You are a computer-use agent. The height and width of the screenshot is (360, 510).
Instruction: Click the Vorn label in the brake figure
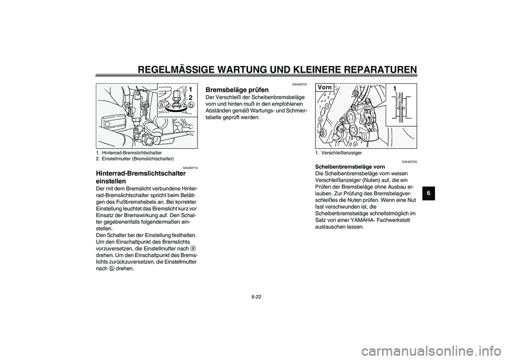325,87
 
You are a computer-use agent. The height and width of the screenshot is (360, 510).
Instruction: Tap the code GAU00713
190,167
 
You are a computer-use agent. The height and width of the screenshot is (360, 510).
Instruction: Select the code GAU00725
409,161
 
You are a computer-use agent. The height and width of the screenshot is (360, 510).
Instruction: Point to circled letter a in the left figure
161,105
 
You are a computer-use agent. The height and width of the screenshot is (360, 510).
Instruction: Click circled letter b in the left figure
191,106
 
